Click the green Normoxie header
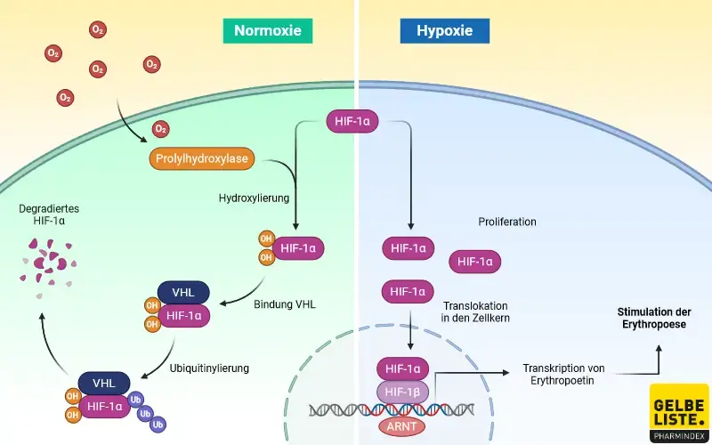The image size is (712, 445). point(268,31)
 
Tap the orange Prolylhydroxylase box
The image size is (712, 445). point(202,159)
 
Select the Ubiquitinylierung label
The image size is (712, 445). point(209,368)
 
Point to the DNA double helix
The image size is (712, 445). point(392,409)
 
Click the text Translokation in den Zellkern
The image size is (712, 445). point(475,310)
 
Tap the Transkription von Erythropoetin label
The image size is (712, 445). point(564,373)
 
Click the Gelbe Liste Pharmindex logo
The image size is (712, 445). point(679,414)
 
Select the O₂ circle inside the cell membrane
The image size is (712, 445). point(161,129)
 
